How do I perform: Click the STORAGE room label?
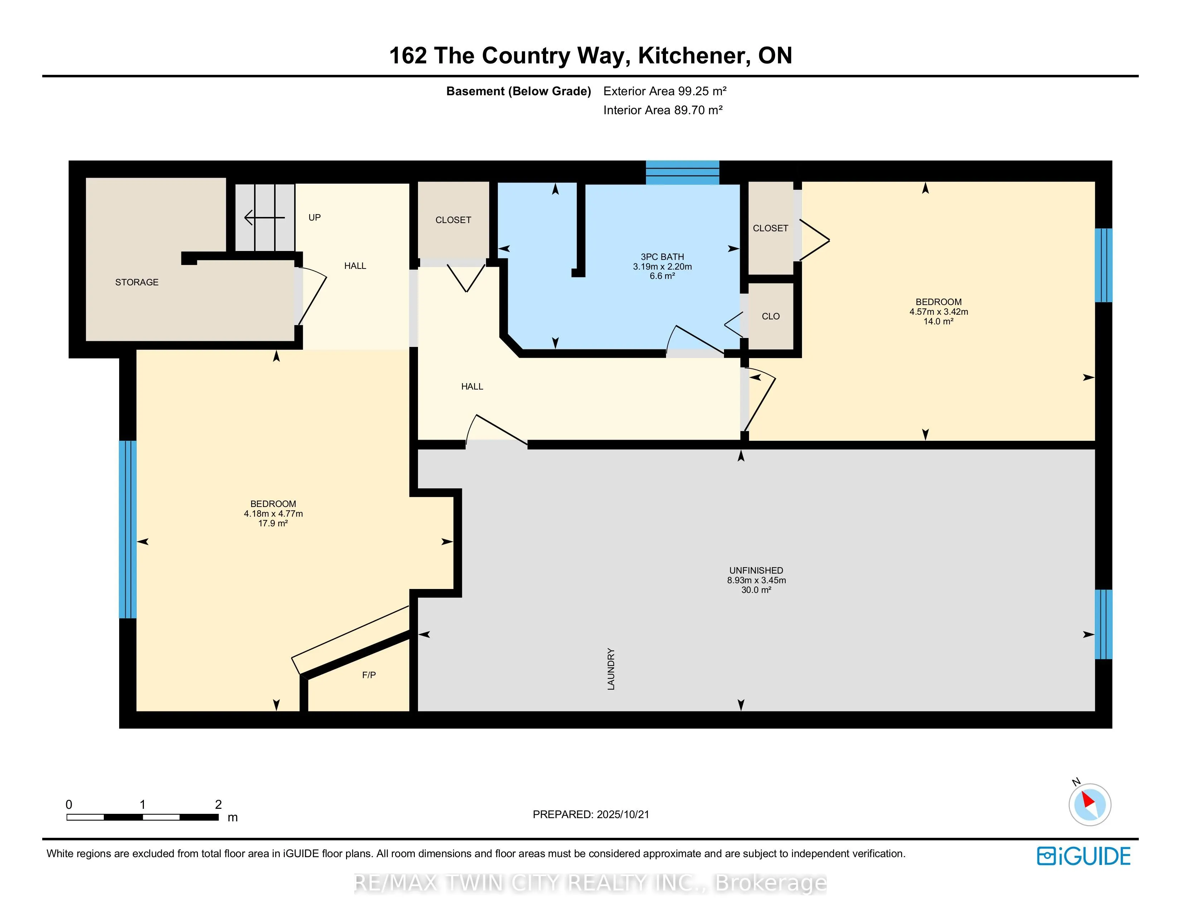click(x=137, y=282)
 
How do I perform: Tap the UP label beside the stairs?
click(x=315, y=217)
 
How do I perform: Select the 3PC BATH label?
click(x=662, y=257)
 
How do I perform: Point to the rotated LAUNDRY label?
click(x=611, y=669)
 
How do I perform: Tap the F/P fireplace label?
click(x=369, y=675)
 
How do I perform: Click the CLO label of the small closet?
click(x=771, y=317)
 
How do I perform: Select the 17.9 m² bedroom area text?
click(x=273, y=523)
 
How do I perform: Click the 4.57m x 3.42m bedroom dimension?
click(x=939, y=311)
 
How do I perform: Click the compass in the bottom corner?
click(x=1090, y=804)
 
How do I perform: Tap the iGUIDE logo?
click(x=1084, y=856)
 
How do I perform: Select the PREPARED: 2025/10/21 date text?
click(x=591, y=815)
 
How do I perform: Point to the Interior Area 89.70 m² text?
click(x=663, y=110)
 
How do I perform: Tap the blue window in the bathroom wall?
click(x=682, y=173)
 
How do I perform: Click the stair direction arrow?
click(x=264, y=217)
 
